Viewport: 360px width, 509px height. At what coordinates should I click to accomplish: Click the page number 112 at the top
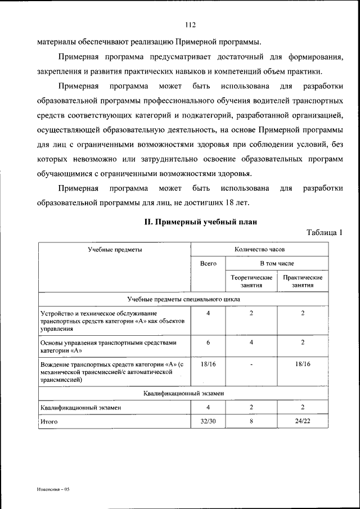coord(189,24)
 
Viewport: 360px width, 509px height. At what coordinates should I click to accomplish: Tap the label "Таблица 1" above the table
coord(325,232)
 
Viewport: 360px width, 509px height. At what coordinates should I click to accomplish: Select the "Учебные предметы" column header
coord(114,249)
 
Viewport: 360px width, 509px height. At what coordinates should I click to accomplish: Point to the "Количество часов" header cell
coord(260,249)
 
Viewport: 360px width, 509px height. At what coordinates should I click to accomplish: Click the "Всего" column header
coord(208,263)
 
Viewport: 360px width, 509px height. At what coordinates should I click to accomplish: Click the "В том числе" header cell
coord(276,263)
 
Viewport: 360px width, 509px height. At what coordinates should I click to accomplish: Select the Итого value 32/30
coord(208,421)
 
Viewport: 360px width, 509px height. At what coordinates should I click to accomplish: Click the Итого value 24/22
coord(303,421)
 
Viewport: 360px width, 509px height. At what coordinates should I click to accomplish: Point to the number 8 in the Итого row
coord(251,421)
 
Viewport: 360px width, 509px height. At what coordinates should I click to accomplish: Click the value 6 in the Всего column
coord(208,342)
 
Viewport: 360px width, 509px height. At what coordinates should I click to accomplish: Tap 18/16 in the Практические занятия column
coord(303,364)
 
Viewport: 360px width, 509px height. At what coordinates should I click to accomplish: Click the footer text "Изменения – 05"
coord(53,489)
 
